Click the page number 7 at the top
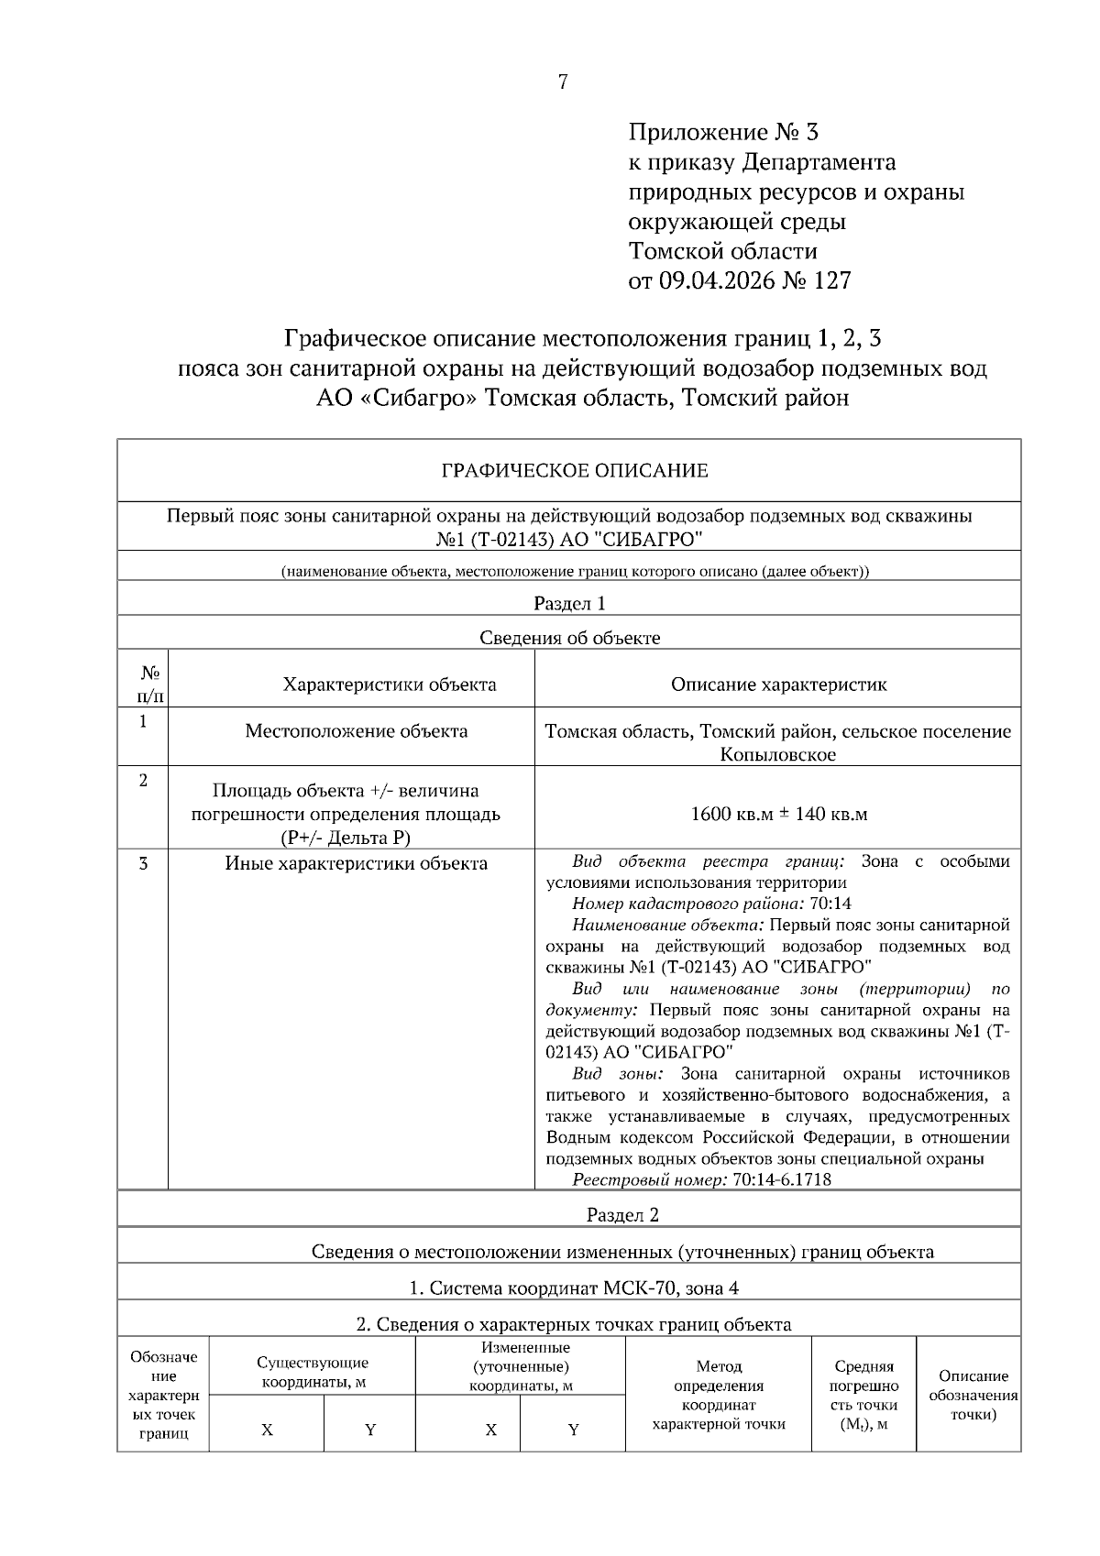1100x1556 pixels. click(x=562, y=82)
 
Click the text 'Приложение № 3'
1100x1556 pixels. click(x=722, y=133)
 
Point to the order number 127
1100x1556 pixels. click(x=830, y=280)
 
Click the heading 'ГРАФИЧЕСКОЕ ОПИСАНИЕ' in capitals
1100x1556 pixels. click(x=574, y=471)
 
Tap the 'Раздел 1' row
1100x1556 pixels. click(x=569, y=603)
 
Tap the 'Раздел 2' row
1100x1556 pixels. click(x=622, y=1215)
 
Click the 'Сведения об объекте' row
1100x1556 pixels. click(x=569, y=638)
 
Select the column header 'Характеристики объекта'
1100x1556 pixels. click(x=390, y=685)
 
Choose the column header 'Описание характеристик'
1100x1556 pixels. click(x=778, y=685)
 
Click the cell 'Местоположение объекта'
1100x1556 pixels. click(x=356, y=731)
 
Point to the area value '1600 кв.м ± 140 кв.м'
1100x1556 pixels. click(x=778, y=814)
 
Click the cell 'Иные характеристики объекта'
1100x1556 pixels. click(x=356, y=863)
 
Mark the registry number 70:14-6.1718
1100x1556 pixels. click(x=782, y=1180)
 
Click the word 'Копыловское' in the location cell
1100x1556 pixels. click(x=777, y=755)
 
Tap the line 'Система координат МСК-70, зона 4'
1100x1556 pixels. click(x=573, y=1288)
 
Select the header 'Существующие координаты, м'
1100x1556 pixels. click(x=313, y=1373)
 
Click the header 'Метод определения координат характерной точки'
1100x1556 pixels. click(x=719, y=1395)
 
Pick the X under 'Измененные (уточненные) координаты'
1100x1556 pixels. click(x=491, y=1430)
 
